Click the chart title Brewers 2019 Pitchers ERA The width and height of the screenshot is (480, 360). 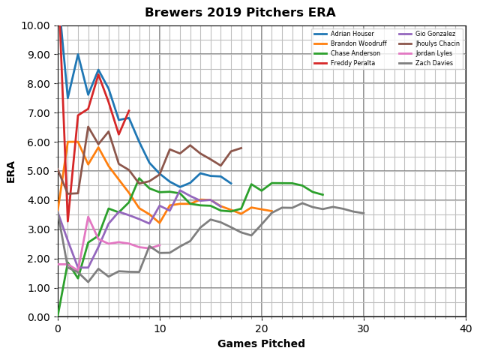coord(240,13)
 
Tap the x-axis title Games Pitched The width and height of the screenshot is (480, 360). coord(261,344)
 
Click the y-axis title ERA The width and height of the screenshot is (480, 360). coord(11,171)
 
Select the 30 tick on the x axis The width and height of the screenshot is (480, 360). coord(364,328)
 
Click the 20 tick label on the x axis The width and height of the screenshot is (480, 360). coord(262,328)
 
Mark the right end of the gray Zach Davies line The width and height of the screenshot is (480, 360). coord(364,214)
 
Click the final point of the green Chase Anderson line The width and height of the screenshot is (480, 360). coord(322,195)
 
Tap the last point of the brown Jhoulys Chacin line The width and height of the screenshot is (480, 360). coord(241,148)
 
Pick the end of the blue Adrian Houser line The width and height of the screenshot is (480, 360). coord(231,184)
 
